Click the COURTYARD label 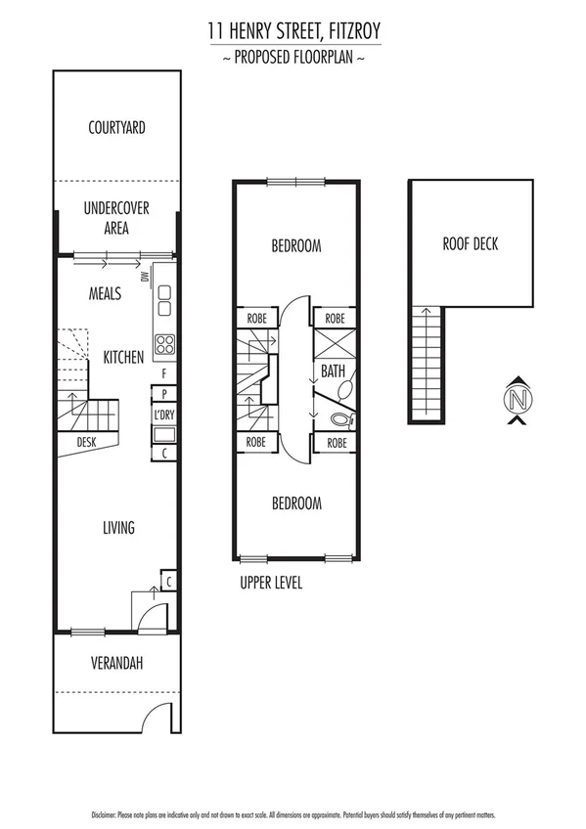(116, 127)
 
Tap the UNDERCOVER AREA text (116, 217)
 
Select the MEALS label (105, 293)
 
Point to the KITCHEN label (124, 358)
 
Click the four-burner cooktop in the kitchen (164, 344)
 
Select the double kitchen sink (163, 300)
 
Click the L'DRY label (163, 415)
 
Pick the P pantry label (163, 394)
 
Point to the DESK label (86, 443)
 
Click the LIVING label (118, 528)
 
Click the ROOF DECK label (470, 243)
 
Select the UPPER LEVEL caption (271, 583)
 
